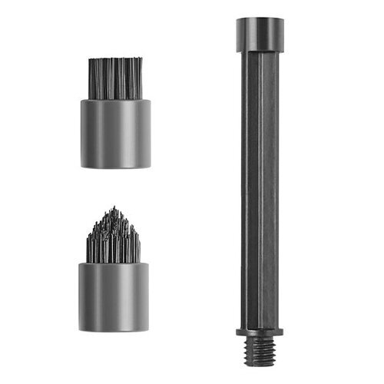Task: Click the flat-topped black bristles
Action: pos(115,78)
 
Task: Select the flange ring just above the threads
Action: pos(258,331)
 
